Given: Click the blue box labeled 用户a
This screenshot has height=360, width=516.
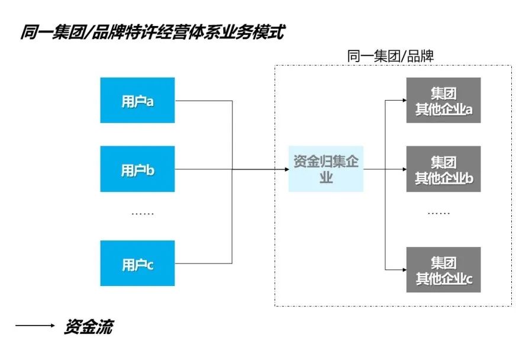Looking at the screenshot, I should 137,100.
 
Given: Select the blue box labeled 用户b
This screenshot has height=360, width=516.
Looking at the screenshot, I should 137,169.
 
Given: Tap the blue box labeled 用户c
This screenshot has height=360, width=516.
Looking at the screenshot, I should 137,263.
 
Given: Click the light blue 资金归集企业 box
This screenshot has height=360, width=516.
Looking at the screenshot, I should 326,169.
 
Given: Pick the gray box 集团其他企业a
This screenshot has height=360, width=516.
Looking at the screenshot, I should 443,100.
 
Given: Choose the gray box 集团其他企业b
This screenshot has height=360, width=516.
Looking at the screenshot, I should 443,169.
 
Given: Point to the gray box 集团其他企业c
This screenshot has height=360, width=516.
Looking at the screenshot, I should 443,270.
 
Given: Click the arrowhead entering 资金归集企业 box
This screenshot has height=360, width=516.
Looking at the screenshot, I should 285,169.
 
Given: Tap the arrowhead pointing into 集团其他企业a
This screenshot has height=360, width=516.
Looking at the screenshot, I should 403,100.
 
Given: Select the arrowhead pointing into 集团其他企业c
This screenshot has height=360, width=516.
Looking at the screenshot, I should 403,270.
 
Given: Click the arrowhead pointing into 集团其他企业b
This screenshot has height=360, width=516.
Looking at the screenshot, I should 403,169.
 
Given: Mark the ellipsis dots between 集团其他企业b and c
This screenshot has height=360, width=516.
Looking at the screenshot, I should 438,213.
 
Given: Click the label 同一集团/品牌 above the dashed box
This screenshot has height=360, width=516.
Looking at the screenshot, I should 391,56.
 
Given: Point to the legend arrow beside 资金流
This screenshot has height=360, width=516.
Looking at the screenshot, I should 36,326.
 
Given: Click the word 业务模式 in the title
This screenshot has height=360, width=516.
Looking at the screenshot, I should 249,31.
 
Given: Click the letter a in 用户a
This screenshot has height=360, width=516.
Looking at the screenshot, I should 150,101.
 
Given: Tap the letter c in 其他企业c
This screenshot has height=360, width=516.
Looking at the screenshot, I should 469,278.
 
